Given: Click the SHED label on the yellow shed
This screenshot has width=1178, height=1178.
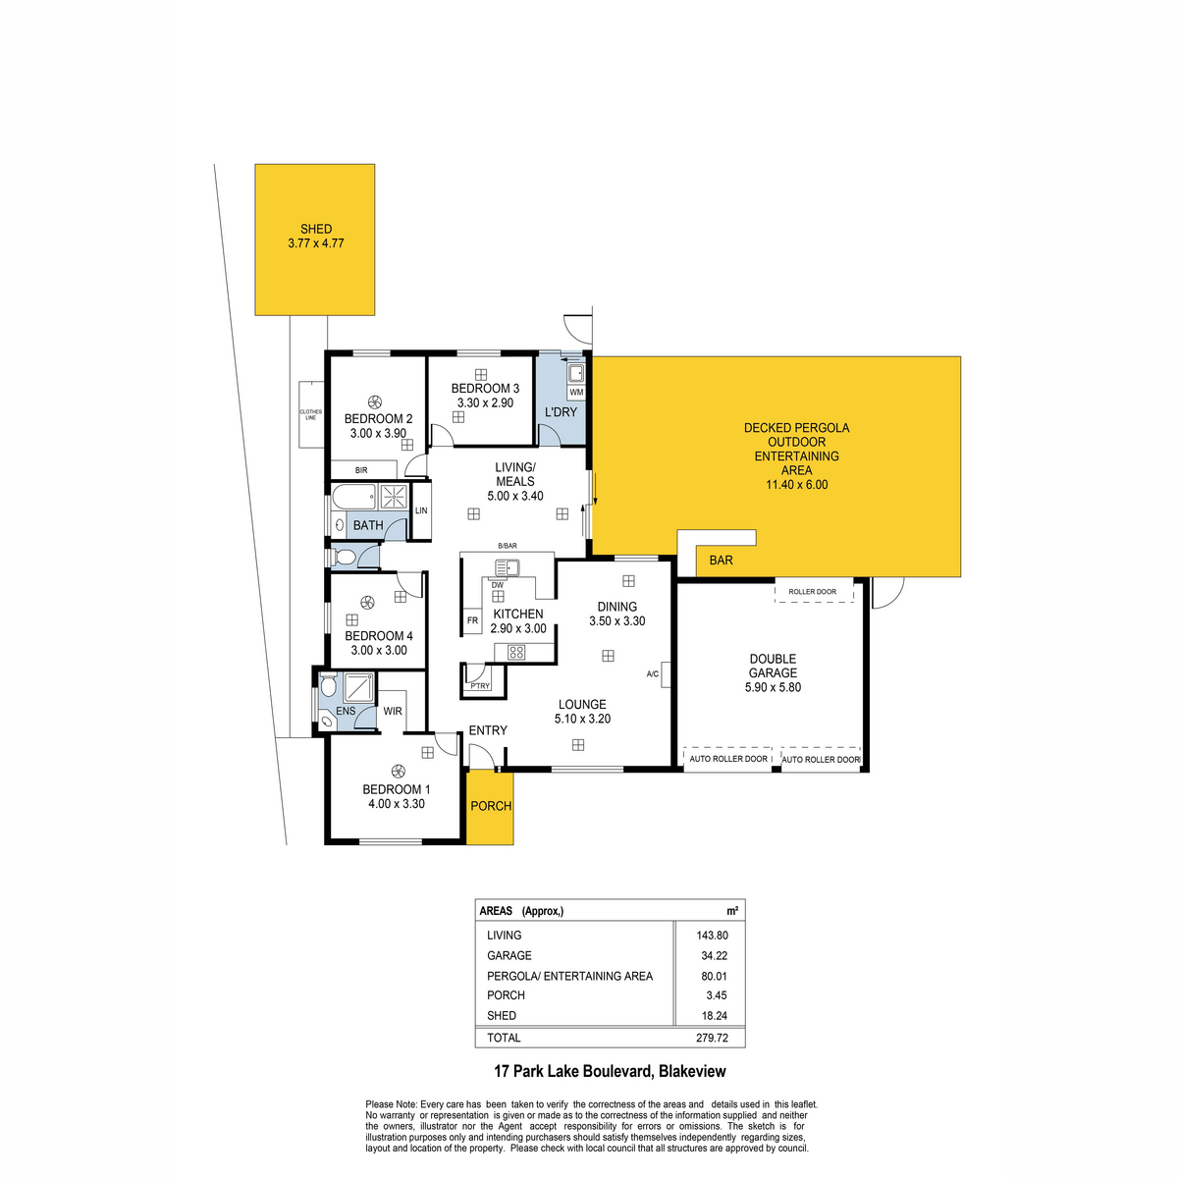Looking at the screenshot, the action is [316, 230].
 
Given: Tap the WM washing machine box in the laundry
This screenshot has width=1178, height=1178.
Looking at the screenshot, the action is [576, 392].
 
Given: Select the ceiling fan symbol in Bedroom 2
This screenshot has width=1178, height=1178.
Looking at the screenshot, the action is [375, 402].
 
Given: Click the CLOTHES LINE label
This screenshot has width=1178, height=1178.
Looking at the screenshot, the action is [310, 414].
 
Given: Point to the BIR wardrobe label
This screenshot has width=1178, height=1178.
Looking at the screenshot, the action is [361, 470].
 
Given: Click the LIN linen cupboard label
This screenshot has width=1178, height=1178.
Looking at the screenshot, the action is [421, 510].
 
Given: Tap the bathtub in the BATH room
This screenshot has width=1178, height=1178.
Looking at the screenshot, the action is [353, 497].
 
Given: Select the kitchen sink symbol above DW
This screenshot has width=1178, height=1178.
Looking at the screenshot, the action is [508, 568].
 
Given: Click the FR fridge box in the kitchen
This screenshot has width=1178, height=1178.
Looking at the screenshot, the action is [472, 620].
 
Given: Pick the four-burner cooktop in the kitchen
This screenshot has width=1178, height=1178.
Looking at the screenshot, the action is [516, 652].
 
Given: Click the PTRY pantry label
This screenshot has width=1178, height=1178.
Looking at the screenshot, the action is [480, 686].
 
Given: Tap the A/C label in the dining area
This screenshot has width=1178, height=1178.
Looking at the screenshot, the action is [652, 674].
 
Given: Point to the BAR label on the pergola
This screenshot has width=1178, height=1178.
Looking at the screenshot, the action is [721, 560].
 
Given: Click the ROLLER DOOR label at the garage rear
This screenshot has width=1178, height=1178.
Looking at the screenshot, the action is [812, 592].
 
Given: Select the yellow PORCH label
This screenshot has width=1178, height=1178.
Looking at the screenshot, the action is [491, 806].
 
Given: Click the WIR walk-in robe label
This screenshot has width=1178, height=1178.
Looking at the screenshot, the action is [393, 711].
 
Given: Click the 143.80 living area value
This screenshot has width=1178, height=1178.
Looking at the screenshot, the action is [712, 935].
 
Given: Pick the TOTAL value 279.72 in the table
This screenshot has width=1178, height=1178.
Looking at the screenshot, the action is [712, 1038].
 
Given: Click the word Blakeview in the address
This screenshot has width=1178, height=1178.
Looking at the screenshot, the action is [692, 1071].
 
